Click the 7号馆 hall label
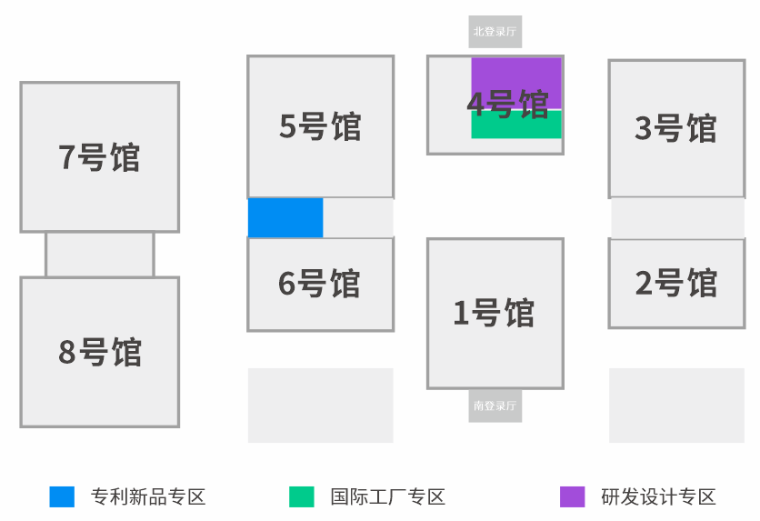click(100, 157)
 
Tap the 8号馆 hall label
click(100, 352)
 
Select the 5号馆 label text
click(320, 126)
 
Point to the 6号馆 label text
click(320, 284)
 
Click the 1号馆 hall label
click(495, 313)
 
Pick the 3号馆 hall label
click(675, 128)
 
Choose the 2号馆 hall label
click(675, 284)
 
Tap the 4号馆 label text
click(508, 104)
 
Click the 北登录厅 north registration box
click(495, 31)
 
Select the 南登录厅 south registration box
click(495, 406)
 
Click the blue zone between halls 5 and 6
click(285, 218)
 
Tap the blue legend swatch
click(62, 496)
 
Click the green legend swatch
click(302, 496)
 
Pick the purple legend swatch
click(573, 496)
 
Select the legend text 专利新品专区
click(148, 496)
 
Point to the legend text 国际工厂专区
click(388, 496)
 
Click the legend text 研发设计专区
click(659, 496)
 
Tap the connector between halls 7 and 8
click(100, 255)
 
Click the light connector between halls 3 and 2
click(677, 218)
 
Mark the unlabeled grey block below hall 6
click(320, 406)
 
